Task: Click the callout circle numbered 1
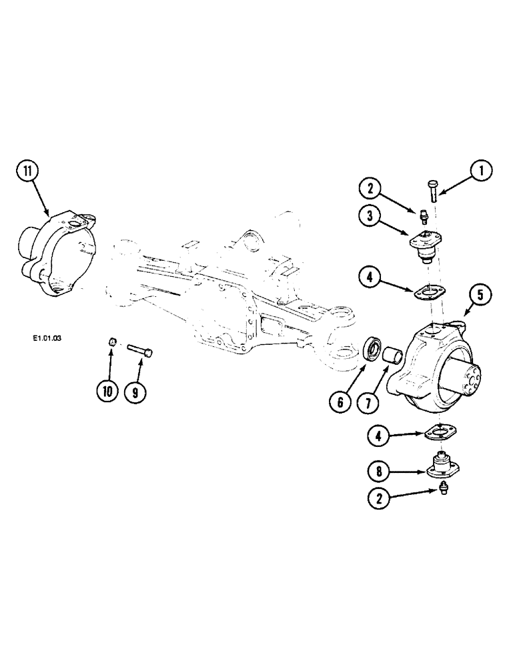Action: pos(480,172)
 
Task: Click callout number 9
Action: pos(135,392)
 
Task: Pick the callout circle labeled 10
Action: pos(106,392)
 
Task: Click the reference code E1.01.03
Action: pos(46,338)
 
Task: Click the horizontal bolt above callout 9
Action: pos(140,348)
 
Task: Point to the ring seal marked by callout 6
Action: pos(374,350)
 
